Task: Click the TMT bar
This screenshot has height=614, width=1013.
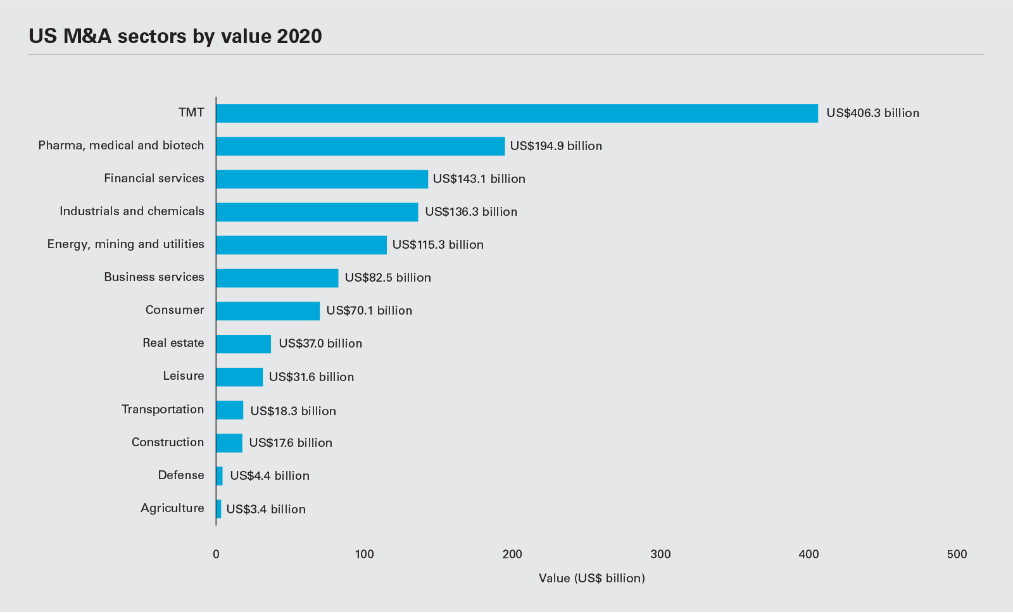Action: [517, 113]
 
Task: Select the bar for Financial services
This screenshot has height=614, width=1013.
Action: [322, 179]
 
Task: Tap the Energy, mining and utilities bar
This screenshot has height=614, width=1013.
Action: [301, 245]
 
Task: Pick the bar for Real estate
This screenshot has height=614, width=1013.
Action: [244, 344]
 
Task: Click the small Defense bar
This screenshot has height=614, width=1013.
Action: [220, 476]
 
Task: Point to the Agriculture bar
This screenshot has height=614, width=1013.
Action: [219, 509]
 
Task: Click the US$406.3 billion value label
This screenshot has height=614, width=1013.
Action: [872, 113]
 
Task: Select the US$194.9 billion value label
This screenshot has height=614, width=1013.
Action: [556, 146]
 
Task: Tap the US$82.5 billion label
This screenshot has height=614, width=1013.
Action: [387, 278]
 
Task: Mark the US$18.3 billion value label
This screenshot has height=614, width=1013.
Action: [293, 411]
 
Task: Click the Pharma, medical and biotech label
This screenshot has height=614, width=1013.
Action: [121, 146]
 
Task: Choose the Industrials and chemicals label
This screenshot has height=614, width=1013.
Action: [132, 211]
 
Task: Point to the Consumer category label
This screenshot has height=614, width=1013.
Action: [175, 310]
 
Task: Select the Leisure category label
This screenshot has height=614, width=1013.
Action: [184, 376]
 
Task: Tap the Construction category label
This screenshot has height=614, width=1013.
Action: [168, 442]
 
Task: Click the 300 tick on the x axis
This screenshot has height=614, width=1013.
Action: [660, 554]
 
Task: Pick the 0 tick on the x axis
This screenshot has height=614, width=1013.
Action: [217, 554]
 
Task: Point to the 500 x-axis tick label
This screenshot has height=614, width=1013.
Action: [957, 554]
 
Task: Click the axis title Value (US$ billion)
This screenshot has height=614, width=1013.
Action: [592, 578]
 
